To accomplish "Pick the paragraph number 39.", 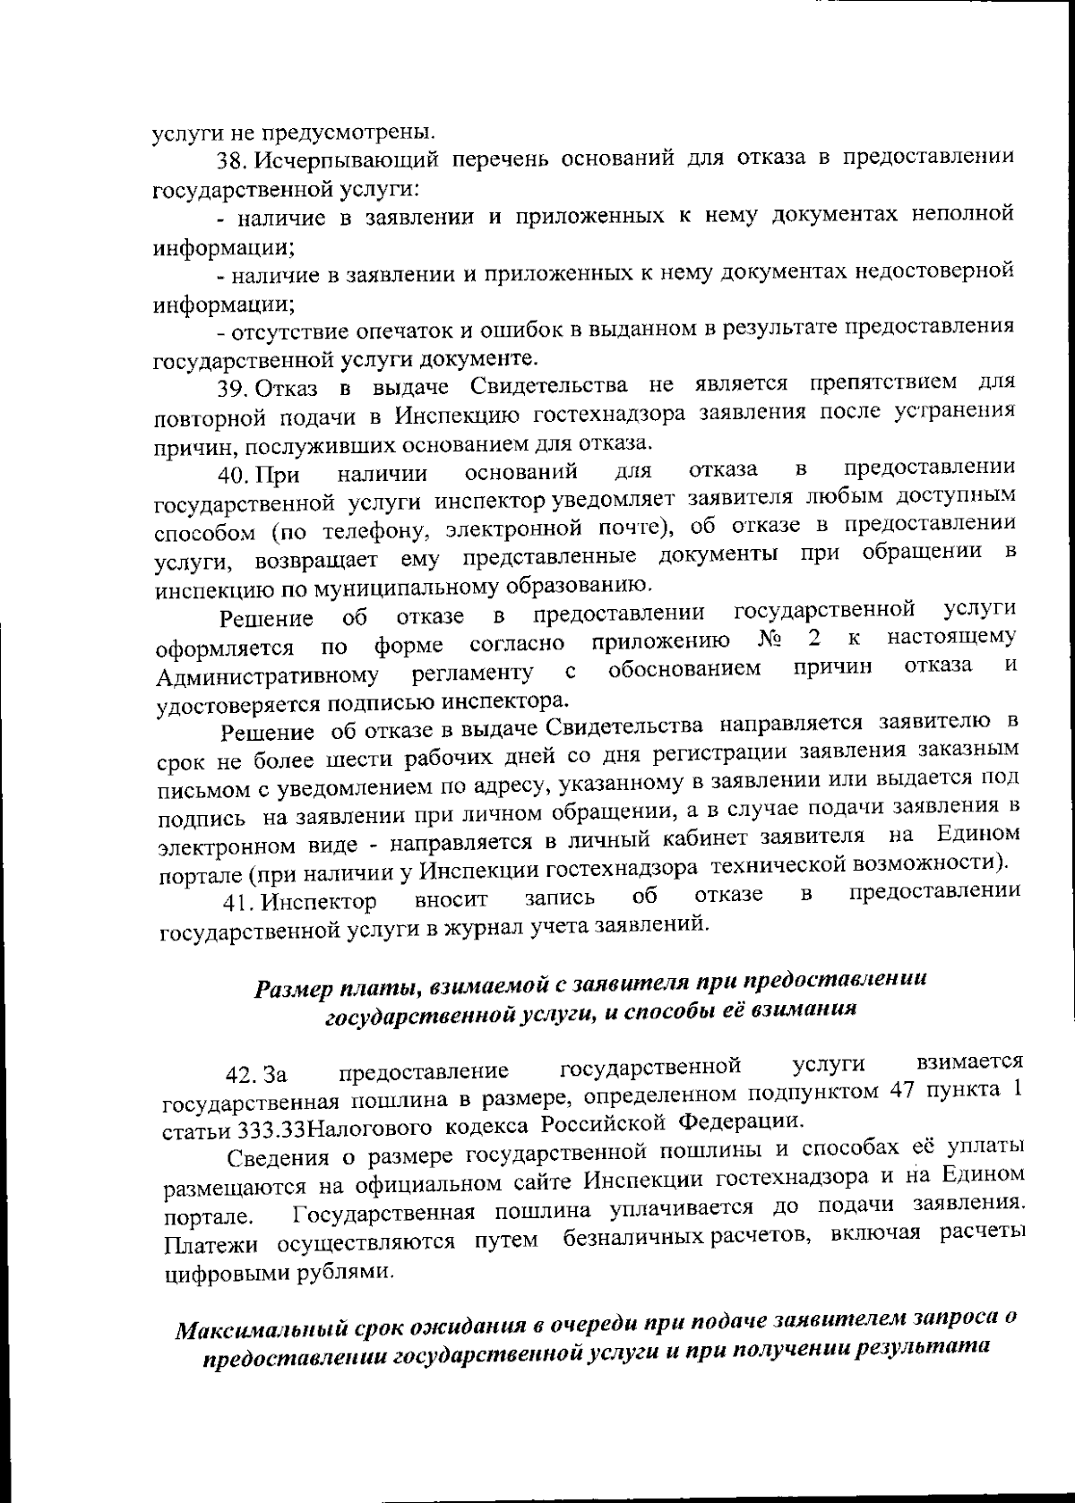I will point(232,389).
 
